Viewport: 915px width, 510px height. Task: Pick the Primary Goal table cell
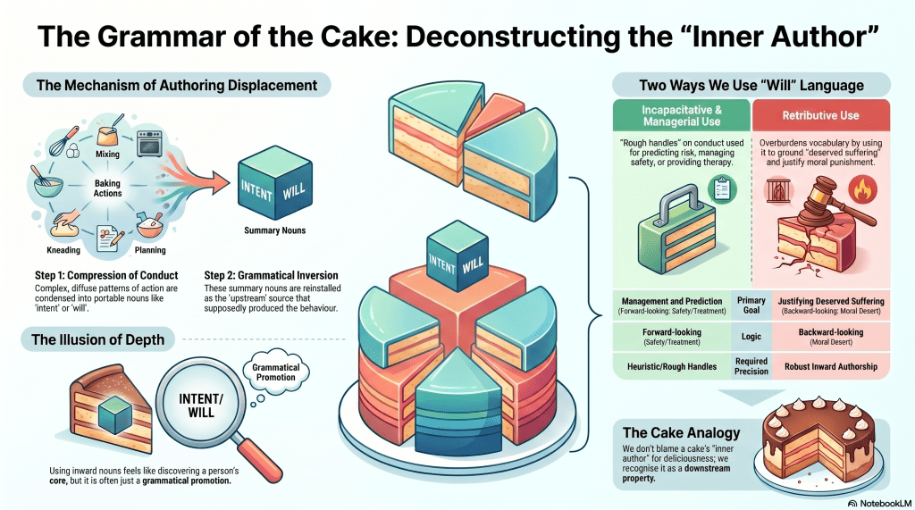(751, 305)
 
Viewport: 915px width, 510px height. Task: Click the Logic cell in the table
(751, 338)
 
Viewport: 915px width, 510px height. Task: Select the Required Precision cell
(751, 366)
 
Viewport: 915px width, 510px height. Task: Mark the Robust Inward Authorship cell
(826, 366)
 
